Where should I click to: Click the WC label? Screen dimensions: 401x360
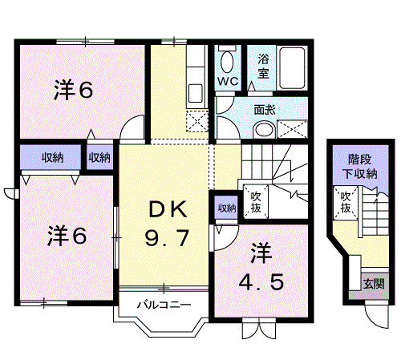pos(228,81)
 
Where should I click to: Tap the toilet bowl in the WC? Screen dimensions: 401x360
pos(227,62)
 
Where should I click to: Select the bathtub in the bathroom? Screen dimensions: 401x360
pos(292,67)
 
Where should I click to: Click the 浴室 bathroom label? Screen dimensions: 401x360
pos(263,67)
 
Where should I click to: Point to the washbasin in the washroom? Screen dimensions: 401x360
pos(264,130)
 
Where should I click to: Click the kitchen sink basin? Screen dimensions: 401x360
pos(196,93)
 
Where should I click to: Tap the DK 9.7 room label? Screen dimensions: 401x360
pos(168,224)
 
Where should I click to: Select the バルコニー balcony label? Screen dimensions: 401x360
pos(164,305)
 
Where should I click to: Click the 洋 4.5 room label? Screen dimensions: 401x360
pos(261,267)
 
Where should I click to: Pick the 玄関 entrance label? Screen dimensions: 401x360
pos(374,284)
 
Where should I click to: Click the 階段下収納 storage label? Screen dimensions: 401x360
pos(360,167)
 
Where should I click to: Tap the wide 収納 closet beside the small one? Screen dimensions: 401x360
pos(52,157)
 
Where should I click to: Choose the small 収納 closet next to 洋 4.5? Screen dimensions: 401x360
pos(227,208)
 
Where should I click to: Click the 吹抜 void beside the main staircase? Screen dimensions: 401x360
pos(256,201)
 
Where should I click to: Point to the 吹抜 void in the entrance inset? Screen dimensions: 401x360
pos(346,203)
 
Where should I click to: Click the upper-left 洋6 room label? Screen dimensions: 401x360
pos(74,90)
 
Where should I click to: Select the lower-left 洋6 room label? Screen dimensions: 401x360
pos(67,236)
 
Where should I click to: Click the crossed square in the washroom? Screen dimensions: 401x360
pos(292,129)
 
